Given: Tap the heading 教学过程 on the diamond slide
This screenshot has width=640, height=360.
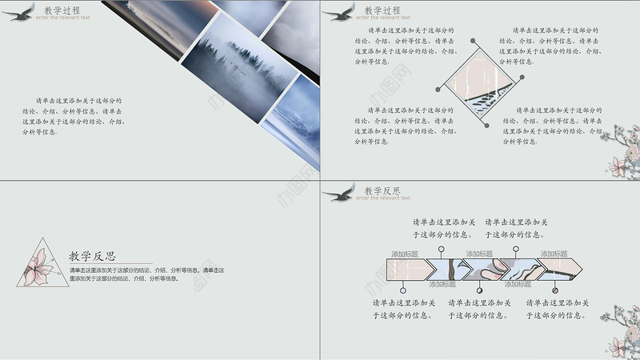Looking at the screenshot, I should tap(382, 10).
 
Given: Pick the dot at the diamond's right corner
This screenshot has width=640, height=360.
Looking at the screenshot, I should tap(522, 78).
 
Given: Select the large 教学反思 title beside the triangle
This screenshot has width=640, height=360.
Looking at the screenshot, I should tap(92, 257).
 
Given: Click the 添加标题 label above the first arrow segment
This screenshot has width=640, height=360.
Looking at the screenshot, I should tap(405, 254).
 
